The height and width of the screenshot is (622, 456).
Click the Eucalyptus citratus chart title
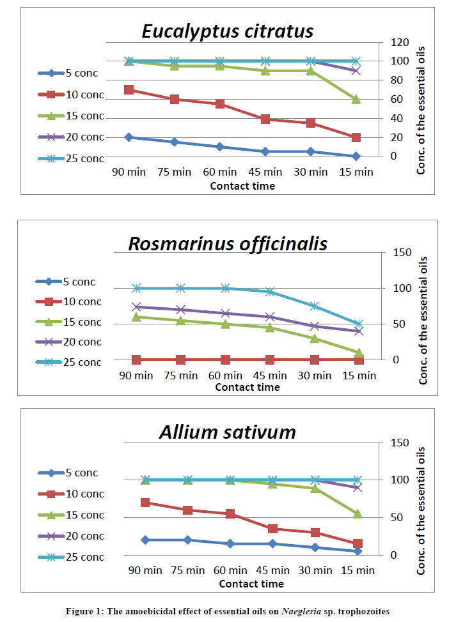pos(228,31)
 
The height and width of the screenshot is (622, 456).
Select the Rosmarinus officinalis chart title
pos(228,243)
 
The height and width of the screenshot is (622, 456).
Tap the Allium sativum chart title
pos(227,432)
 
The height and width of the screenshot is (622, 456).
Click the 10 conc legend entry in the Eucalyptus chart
pos(70,95)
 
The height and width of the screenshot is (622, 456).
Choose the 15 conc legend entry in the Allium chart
pos(70,515)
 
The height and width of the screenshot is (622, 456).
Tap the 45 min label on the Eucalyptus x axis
pos(265,172)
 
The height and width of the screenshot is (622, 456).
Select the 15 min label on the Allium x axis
pos(358,570)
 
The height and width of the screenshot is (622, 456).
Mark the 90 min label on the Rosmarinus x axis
pos(136,375)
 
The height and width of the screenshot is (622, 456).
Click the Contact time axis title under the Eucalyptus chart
pos(242,186)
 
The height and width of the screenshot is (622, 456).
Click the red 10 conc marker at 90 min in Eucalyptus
pos(129,89)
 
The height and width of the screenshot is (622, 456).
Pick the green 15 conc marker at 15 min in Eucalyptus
pos(356,99)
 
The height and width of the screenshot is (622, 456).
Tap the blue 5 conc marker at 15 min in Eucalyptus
pos(356,156)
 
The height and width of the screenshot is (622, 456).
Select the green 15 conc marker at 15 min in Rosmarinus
pos(359,353)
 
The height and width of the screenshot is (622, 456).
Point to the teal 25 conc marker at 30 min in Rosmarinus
pos(315,306)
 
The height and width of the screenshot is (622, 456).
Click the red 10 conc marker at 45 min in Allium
pos(273,529)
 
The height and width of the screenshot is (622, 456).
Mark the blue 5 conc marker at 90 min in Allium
pos(145,540)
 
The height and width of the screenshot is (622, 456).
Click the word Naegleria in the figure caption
pos(301,611)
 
